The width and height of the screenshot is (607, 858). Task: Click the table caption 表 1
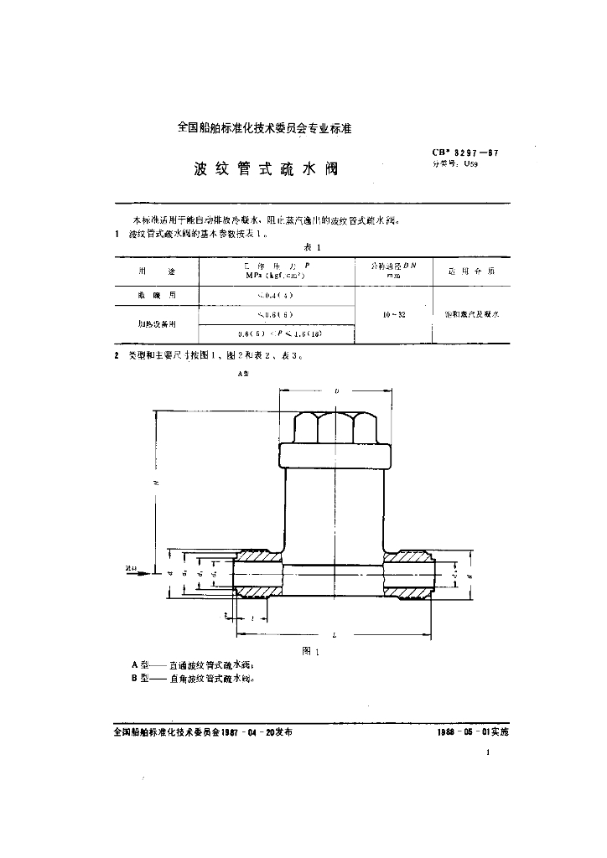pyautogui.click(x=312, y=246)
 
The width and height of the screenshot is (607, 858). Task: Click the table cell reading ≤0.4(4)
pyautogui.click(x=278, y=295)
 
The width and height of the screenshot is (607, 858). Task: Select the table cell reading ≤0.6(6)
pyautogui.click(x=278, y=315)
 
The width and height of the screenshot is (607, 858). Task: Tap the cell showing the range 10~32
pyautogui.click(x=392, y=314)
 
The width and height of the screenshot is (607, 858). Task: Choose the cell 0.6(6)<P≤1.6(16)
pyautogui.click(x=278, y=333)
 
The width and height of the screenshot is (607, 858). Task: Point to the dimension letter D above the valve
pyautogui.click(x=336, y=391)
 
